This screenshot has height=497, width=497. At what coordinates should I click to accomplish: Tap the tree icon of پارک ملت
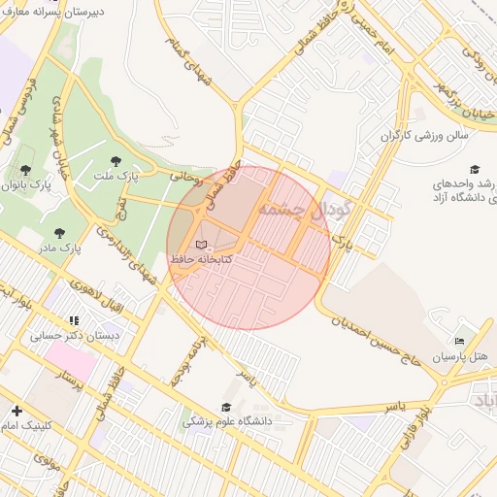[117, 161]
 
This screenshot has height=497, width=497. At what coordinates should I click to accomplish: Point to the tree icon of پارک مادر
[60, 233]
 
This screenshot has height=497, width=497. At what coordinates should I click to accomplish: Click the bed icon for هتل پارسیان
[459, 341]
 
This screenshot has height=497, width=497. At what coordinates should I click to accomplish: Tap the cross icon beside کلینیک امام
[17, 411]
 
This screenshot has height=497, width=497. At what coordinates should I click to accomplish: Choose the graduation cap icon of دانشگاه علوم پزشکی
[226, 407]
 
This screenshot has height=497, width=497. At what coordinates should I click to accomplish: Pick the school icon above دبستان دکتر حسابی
[73, 320]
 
